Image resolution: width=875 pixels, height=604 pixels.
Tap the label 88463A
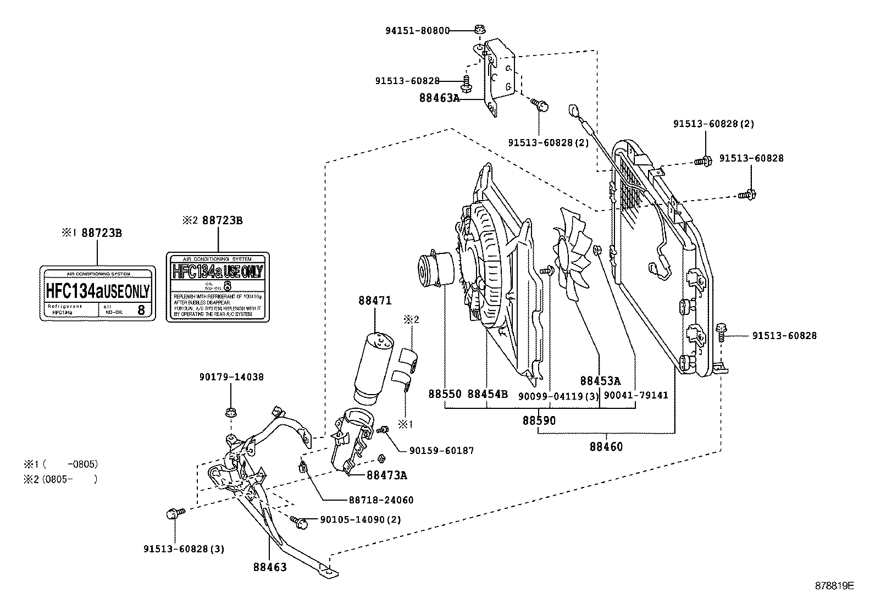point(439,98)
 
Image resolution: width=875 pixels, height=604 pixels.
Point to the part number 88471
point(375,301)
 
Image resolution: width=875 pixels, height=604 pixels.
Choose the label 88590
point(539,421)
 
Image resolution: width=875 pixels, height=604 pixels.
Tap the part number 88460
point(606,447)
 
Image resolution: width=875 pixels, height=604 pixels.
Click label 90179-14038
point(231,377)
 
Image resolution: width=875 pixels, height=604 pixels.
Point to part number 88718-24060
point(381,500)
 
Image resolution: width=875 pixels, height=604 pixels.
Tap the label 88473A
point(387,475)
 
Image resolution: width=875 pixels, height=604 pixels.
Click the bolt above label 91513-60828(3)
point(170,514)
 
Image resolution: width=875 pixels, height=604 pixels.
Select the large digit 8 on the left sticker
point(141,309)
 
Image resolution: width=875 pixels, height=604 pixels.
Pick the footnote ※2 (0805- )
point(60,479)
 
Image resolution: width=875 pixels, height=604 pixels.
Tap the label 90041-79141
point(636,395)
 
